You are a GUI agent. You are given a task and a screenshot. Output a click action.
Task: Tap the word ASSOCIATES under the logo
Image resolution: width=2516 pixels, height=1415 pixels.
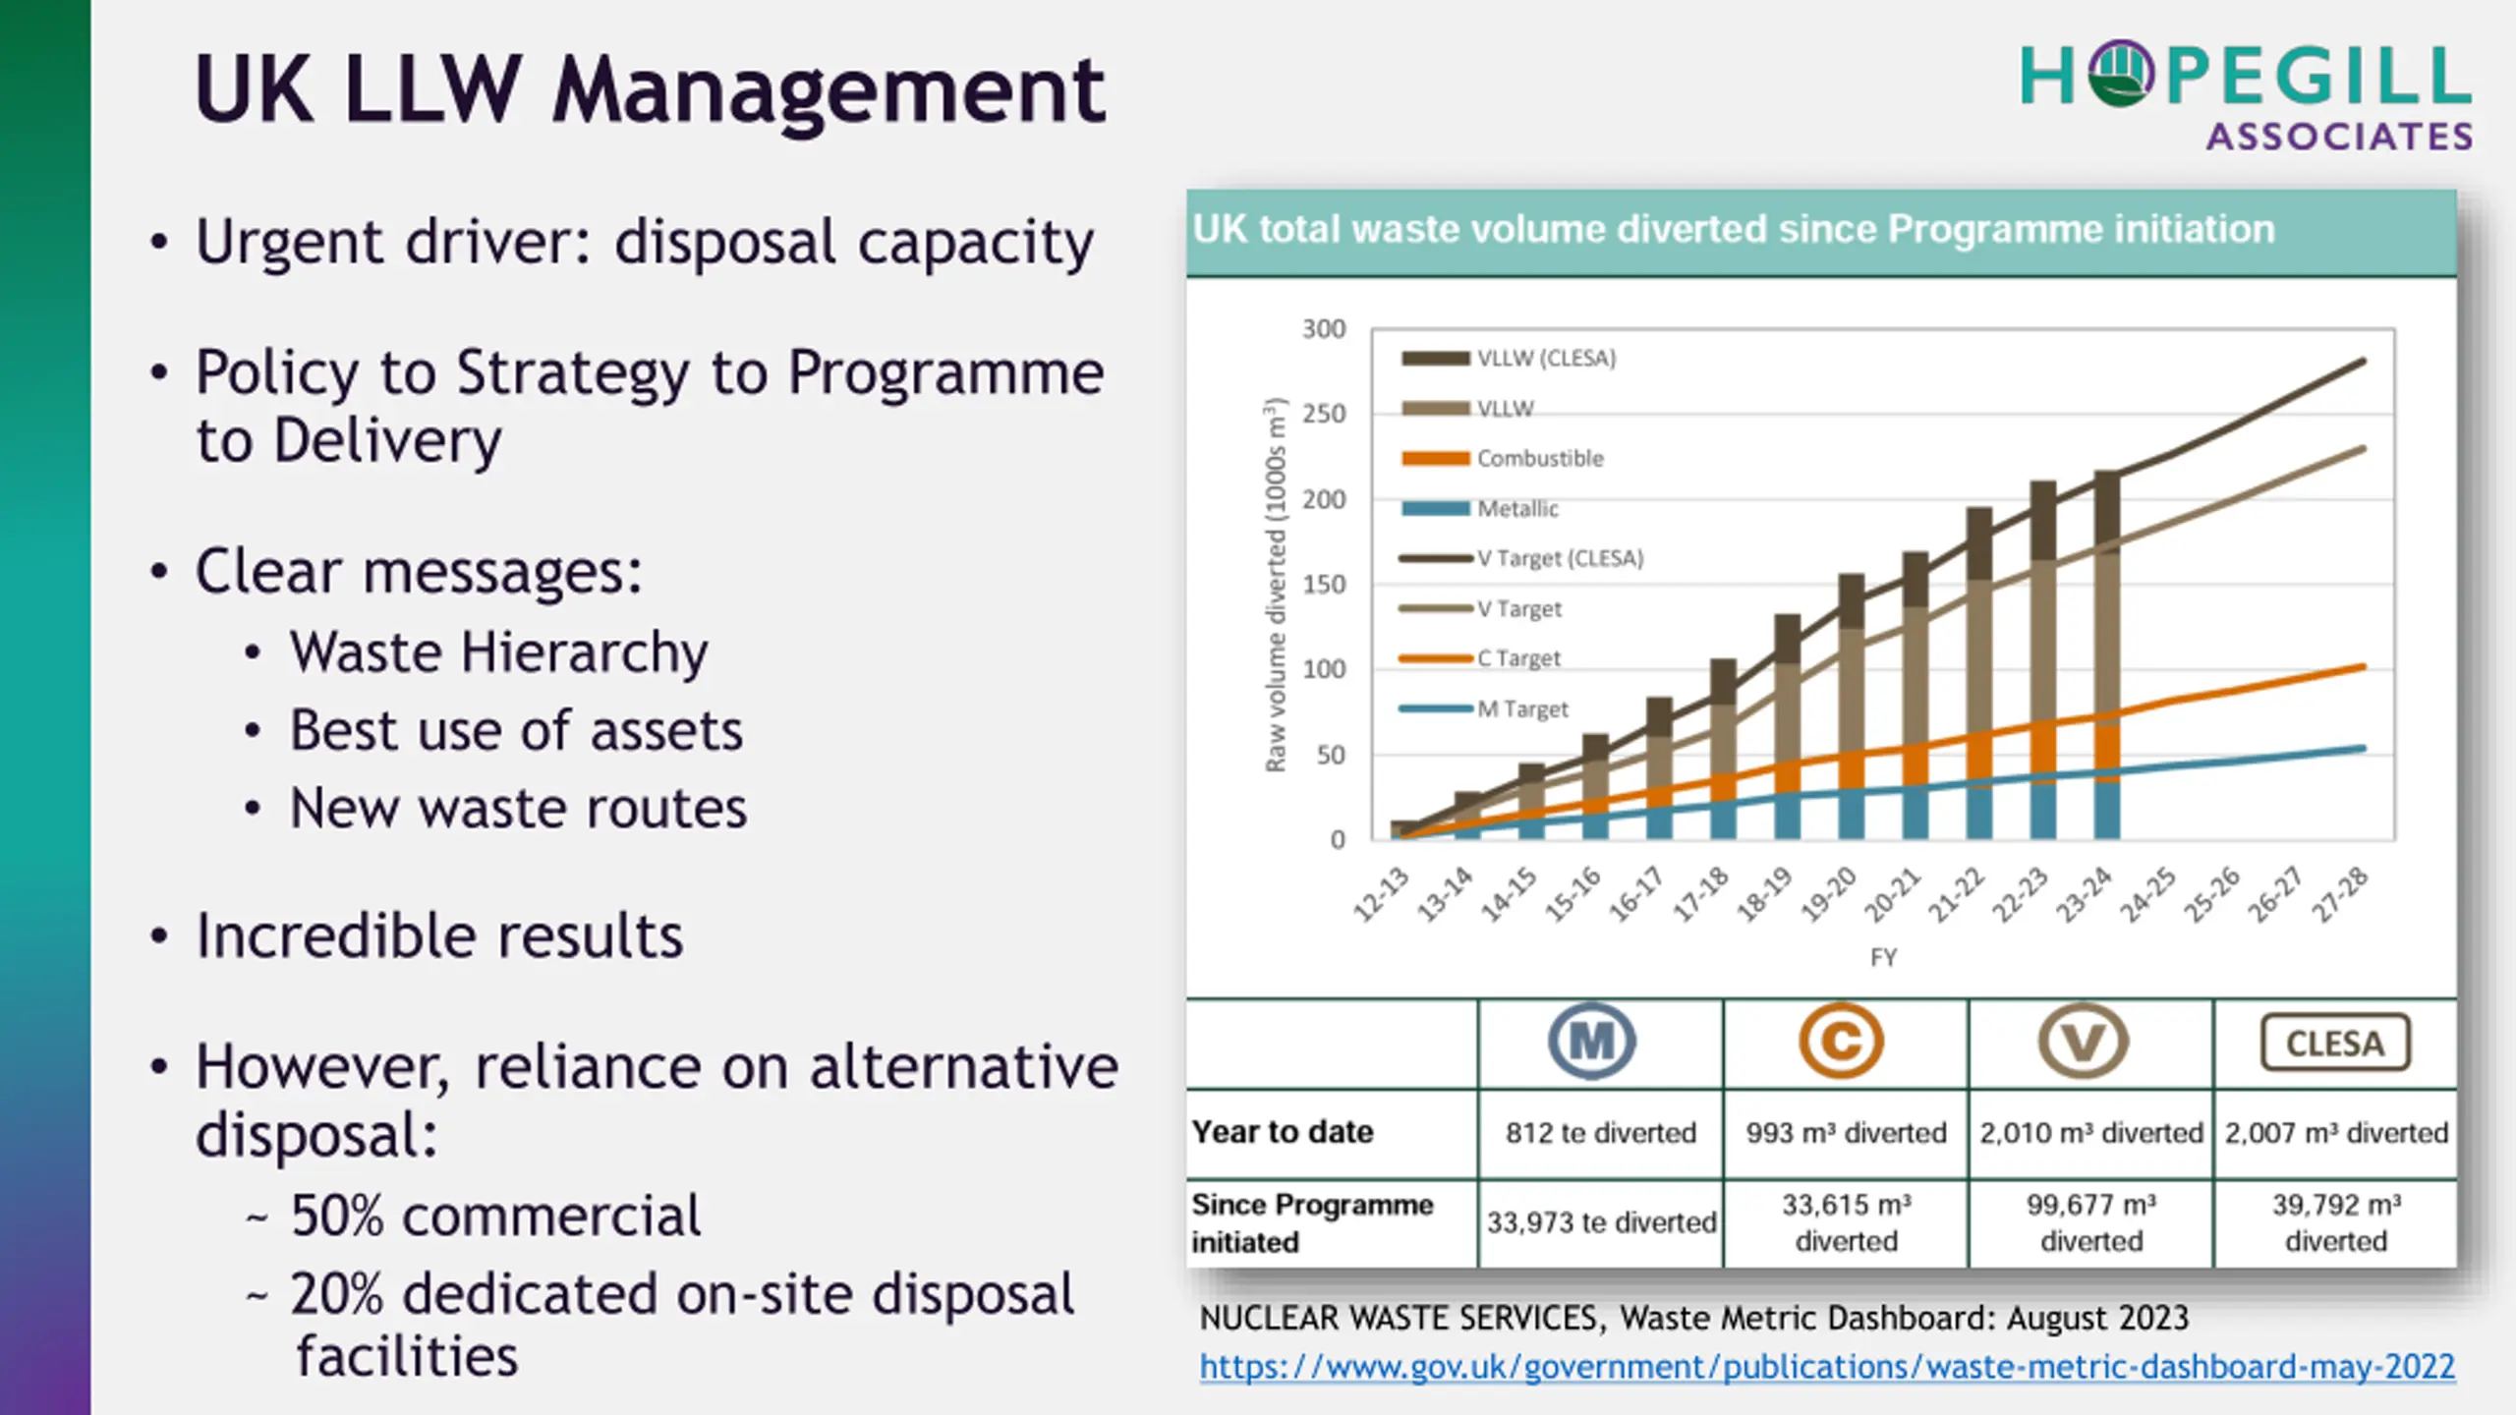click(x=2339, y=137)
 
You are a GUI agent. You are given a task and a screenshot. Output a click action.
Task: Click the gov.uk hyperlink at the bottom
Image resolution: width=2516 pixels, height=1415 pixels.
click(x=1827, y=1367)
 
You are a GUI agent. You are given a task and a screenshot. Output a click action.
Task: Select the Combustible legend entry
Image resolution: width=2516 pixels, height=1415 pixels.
click(x=1539, y=459)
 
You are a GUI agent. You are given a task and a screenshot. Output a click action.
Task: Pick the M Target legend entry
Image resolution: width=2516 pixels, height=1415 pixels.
click(x=1521, y=708)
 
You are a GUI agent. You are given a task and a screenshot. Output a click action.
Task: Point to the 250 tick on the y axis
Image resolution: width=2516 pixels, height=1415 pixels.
click(x=1324, y=414)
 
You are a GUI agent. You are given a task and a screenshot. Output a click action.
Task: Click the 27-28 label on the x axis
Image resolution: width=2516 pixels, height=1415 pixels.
click(x=2340, y=894)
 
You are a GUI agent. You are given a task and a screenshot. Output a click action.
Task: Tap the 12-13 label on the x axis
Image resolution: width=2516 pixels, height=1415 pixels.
click(x=1382, y=894)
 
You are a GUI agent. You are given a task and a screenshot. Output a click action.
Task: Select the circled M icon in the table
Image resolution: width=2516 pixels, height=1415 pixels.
click(x=1592, y=1042)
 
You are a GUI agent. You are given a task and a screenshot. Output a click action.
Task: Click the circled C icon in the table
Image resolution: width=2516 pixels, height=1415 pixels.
click(x=1841, y=1042)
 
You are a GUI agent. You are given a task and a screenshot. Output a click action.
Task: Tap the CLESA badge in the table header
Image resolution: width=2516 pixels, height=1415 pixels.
click(x=2335, y=1043)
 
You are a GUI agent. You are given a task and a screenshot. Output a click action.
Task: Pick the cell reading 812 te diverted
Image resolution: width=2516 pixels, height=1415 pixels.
click(x=1601, y=1133)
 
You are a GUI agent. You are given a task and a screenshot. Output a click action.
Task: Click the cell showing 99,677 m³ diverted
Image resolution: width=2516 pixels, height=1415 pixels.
click(x=2091, y=1222)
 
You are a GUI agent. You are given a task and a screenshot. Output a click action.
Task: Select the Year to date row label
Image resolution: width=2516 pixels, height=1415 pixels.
click(x=1283, y=1132)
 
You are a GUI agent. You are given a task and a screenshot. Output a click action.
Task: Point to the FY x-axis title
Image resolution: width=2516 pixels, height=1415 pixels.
click(x=1883, y=957)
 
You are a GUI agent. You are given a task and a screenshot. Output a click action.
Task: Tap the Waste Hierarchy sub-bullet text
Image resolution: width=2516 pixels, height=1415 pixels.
click(x=498, y=652)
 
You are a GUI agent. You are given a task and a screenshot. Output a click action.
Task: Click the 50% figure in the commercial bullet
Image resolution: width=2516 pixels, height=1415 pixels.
click(x=337, y=1216)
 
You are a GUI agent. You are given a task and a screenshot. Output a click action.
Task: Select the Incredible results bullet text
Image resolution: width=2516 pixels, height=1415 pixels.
click(x=439, y=935)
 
